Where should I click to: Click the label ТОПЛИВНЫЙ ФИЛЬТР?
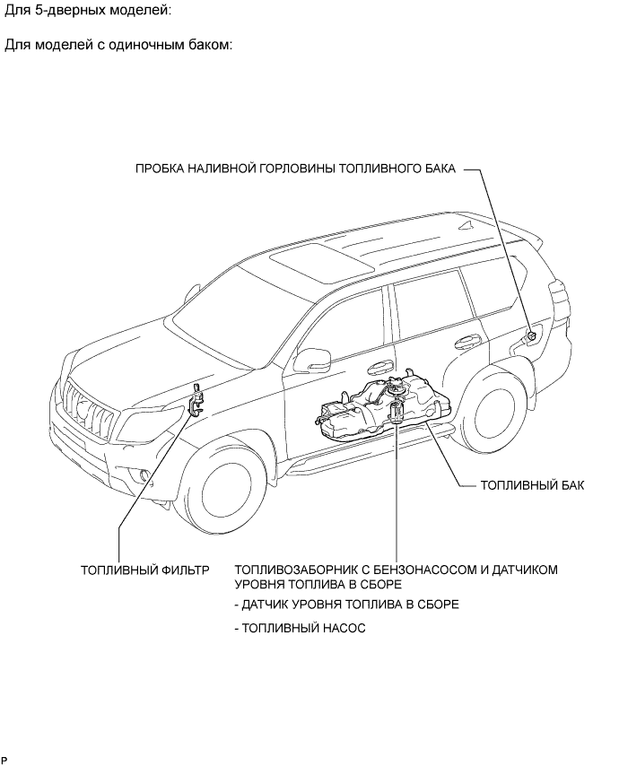144,570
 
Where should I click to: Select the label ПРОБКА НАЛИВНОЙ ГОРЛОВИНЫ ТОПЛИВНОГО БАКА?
295,168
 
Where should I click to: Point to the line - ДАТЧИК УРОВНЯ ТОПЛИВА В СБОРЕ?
346,605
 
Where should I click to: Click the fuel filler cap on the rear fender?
530,335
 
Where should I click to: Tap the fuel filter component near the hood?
196,398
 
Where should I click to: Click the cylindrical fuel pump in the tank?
398,416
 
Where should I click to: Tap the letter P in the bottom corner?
4,760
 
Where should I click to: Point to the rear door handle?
466,340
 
